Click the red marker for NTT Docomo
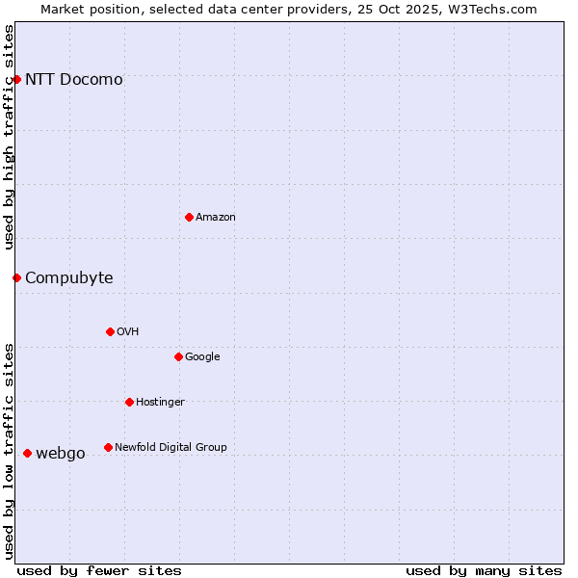click(16, 79)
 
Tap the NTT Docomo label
click(74, 80)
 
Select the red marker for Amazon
click(189, 217)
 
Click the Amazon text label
click(216, 218)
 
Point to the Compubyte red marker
click(16, 277)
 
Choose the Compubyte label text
click(69, 278)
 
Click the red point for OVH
click(110, 331)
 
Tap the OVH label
click(128, 332)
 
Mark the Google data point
click(178, 356)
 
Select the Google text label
click(202, 357)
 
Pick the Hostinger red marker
click(129, 402)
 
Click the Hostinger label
click(160, 403)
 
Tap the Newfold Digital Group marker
click(108, 447)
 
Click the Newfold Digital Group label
click(171, 448)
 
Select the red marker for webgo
click(27, 453)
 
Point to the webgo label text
click(61, 454)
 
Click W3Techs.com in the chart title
click(497, 9)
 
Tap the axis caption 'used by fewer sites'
click(99, 570)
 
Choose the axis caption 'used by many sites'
click(484, 570)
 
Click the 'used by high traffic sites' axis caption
click(9, 137)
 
